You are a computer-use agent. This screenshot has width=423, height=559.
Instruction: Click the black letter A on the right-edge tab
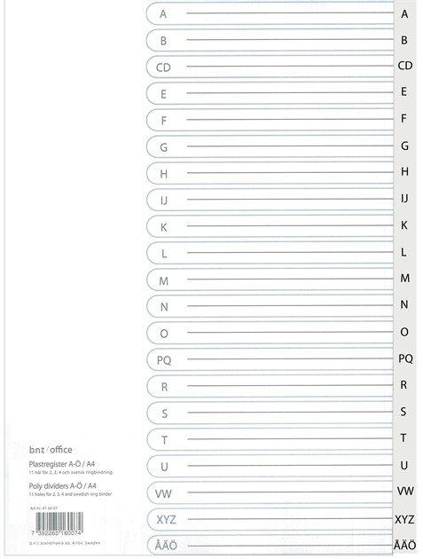tap(404, 14)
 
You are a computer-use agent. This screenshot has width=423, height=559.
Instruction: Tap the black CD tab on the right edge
tap(404, 66)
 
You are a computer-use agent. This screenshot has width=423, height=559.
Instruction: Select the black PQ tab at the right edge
tap(404, 358)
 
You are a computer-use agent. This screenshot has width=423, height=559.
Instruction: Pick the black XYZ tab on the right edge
tap(404, 519)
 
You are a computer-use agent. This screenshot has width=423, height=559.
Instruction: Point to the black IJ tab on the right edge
tap(404, 198)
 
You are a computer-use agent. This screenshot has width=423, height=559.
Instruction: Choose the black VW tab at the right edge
tap(404, 491)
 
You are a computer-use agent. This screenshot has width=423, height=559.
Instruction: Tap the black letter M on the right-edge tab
tap(404, 278)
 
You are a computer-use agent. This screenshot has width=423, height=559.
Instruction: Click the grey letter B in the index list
tap(163, 41)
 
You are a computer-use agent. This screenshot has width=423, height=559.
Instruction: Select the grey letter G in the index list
tap(163, 147)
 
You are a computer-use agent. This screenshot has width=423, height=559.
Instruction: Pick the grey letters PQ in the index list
tap(164, 360)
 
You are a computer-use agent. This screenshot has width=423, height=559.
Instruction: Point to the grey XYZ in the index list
tap(166, 520)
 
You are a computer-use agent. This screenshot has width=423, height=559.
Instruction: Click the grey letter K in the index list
tap(163, 227)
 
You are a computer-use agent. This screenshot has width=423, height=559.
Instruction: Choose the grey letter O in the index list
tap(163, 334)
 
